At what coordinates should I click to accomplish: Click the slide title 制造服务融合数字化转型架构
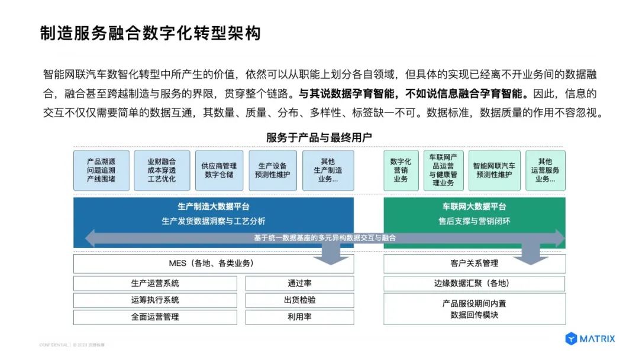[150, 33]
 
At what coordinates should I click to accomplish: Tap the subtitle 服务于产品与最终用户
[319, 138]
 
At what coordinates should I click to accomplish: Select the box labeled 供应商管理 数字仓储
[218, 171]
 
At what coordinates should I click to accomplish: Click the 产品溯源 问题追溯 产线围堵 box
[101, 171]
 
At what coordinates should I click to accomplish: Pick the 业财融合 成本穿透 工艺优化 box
[162, 171]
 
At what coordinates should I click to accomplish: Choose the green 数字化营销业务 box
[401, 171]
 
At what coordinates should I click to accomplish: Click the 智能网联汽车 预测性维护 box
[494, 171]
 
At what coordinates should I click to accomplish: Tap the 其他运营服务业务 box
[545, 171]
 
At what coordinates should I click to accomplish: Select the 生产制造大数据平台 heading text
[214, 207]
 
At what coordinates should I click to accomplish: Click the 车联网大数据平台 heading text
[474, 207]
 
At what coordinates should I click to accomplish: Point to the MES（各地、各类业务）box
[214, 263]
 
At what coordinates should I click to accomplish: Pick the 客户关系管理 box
[474, 263]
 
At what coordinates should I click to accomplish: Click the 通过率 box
[299, 284]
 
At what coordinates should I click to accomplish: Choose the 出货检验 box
[299, 300]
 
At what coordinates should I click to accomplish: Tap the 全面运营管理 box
[155, 317]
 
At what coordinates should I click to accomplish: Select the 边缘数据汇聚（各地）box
[474, 284]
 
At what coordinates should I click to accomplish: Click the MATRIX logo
[590, 339]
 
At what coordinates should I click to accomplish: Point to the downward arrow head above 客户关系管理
[531, 258]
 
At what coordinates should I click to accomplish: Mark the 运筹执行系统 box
[155, 300]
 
